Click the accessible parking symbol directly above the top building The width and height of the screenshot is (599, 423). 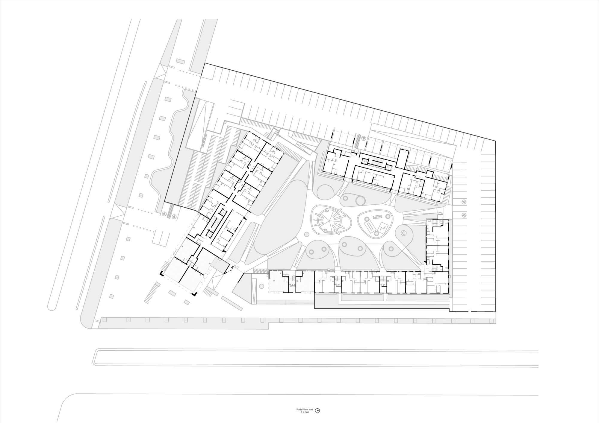pyautogui.click(x=364, y=138)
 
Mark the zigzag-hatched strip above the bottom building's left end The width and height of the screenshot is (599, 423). pyautogui.click(x=260, y=271)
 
